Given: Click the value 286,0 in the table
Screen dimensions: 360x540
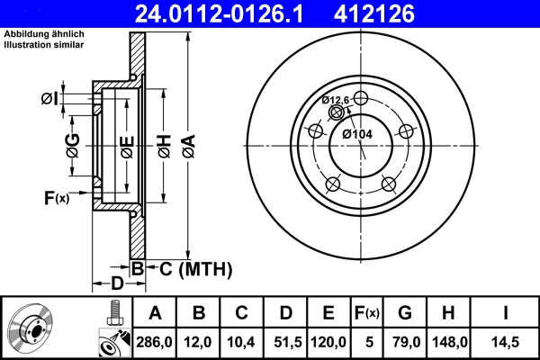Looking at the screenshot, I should (155, 343).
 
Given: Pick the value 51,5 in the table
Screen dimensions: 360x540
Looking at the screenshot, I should (285, 343).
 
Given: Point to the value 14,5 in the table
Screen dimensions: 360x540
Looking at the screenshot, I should (507, 343).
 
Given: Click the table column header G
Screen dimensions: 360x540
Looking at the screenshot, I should (406, 313).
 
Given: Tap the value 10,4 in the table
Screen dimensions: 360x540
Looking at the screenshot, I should (242, 343).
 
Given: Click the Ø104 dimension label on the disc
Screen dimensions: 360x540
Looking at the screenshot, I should (357, 134).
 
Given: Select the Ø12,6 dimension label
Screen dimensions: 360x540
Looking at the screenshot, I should (337, 100).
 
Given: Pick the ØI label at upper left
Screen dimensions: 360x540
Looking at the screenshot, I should (50, 98).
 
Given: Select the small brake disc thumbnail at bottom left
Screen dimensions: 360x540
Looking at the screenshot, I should (31, 328).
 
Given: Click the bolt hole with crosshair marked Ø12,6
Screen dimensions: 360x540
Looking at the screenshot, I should (337, 112).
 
